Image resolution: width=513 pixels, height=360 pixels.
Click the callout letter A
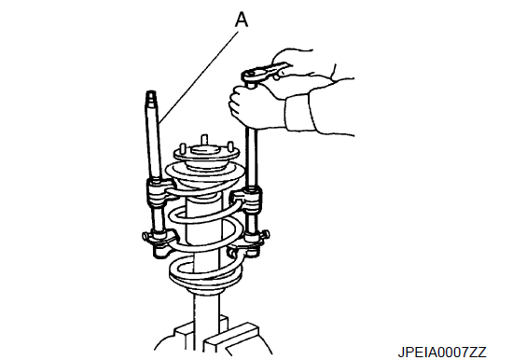click(242, 20)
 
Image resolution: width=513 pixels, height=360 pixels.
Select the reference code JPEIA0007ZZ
click(442, 353)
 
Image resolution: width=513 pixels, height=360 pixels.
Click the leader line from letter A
click(199, 77)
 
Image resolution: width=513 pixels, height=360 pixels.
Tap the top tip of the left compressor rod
click(151, 92)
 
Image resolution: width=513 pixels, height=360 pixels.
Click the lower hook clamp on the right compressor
click(249, 243)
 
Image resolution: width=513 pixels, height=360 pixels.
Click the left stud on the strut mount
click(183, 148)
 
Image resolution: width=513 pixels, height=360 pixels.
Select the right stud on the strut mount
click(230, 146)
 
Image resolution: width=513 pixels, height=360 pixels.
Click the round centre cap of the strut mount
click(204, 151)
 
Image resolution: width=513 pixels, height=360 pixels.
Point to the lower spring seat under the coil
click(205, 288)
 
